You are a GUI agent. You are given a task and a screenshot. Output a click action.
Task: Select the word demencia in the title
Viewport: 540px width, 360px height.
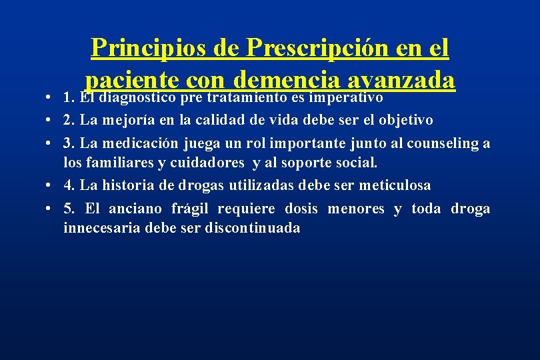point(286,81)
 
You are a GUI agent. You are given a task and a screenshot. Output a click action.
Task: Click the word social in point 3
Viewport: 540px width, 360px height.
point(357,162)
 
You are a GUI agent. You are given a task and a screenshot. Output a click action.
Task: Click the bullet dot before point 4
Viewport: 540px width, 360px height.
point(51,185)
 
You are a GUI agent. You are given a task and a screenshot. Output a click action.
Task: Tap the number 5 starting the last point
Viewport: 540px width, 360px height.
point(67,209)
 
